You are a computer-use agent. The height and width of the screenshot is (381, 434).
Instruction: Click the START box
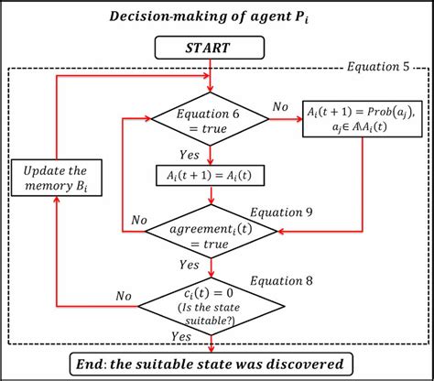click(x=212, y=46)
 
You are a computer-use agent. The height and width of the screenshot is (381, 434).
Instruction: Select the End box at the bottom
click(x=212, y=363)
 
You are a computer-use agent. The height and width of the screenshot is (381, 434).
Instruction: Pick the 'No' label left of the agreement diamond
click(x=139, y=221)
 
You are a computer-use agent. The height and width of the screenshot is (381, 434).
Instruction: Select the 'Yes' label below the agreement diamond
click(x=190, y=264)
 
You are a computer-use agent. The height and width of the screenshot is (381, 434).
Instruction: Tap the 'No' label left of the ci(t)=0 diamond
click(x=127, y=296)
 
